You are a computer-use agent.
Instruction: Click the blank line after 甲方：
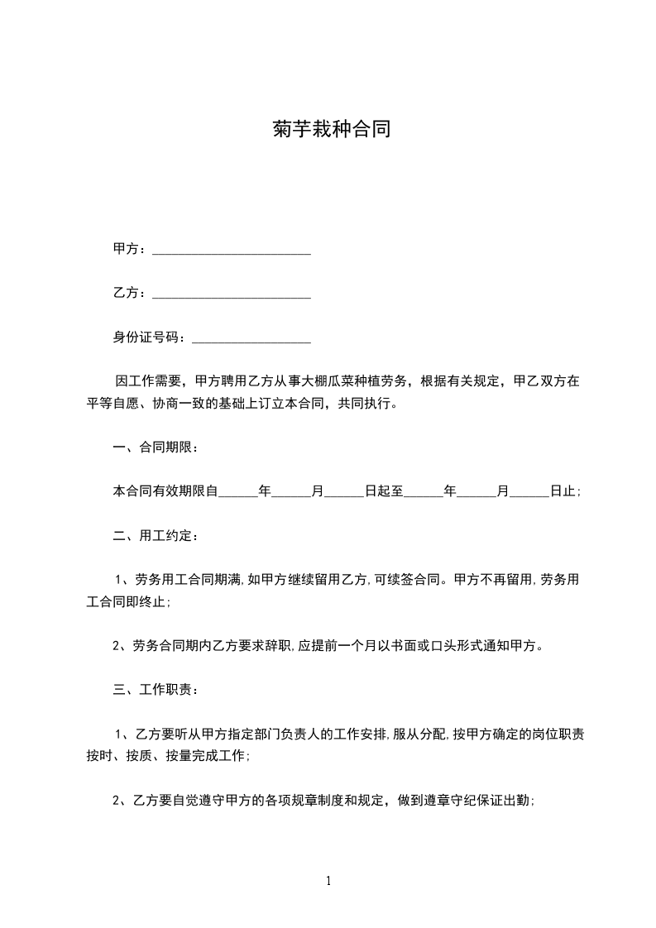coord(232,250)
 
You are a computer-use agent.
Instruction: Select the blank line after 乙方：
coord(232,294)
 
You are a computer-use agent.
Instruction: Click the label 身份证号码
coord(146,337)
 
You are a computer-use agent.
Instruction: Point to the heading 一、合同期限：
coord(156,447)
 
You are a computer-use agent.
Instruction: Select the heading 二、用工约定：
coord(156,535)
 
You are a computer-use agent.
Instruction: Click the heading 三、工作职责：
coord(156,689)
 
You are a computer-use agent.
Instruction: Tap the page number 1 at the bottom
coord(328,881)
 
